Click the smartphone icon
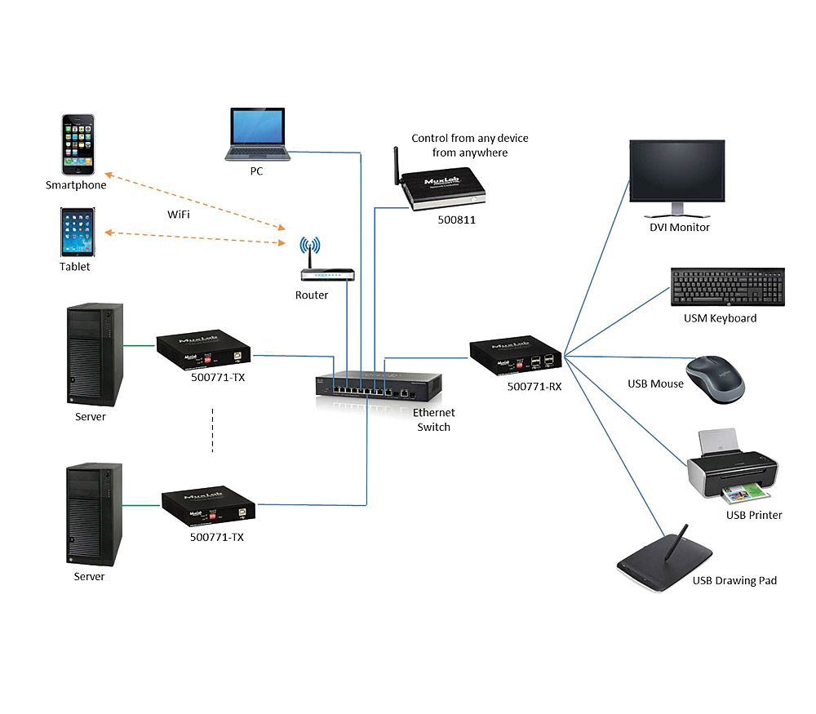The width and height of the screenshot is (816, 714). tap(80, 144)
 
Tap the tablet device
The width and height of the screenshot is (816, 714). tap(77, 233)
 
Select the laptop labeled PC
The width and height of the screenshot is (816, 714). tap(256, 135)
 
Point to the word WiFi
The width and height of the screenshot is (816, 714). tap(180, 214)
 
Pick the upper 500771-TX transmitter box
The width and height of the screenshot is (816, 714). tap(204, 349)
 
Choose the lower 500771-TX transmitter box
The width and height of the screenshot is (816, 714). tap(210, 508)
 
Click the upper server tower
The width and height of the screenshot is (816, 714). tap(95, 354)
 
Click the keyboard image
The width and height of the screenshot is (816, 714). tap(727, 286)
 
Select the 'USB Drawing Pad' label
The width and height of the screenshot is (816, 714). tap(734, 580)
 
